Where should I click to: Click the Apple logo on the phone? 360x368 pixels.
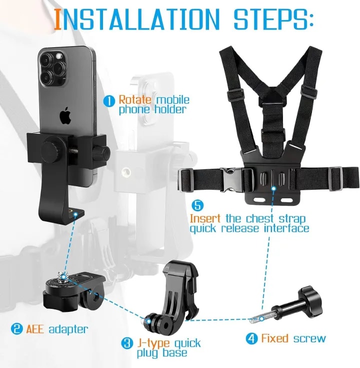pyautogui.click(x=65, y=116)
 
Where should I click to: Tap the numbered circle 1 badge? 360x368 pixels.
pyautogui.click(x=109, y=101)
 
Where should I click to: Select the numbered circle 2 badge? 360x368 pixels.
pyautogui.click(x=16, y=329)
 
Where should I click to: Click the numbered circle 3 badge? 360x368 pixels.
pyautogui.click(x=127, y=343)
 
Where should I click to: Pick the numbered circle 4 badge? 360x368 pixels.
pyautogui.click(x=251, y=339)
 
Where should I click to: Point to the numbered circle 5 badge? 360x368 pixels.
pyautogui.click(x=198, y=206)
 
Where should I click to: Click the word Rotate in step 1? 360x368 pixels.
pyautogui.click(x=134, y=100)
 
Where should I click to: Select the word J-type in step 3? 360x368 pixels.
pyautogui.click(x=153, y=343)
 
